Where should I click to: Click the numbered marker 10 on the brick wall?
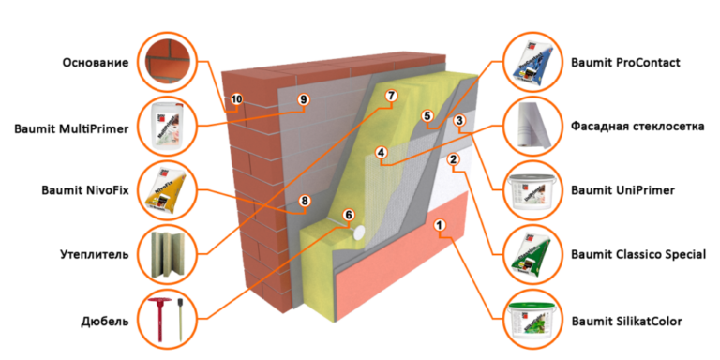click(236, 98)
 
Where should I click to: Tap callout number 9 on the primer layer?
click(303, 98)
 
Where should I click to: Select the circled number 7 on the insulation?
click(391, 96)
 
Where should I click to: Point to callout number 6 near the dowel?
click(349, 215)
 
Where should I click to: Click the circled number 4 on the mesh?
click(381, 152)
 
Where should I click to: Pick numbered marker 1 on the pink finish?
click(440, 225)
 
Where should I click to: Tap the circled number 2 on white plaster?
click(453, 159)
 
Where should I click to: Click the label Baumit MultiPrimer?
click(71, 129)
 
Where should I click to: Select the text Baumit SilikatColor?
click(627, 321)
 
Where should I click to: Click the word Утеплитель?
click(94, 254)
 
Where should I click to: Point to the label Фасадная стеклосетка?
click(637, 127)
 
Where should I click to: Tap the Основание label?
click(96, 63)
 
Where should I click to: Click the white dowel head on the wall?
click(360, 232)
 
